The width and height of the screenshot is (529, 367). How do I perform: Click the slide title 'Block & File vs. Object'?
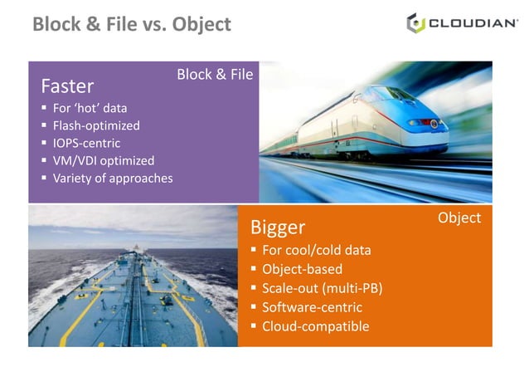pos(132,24)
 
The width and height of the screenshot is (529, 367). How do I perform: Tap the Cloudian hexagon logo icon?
pos(415,23)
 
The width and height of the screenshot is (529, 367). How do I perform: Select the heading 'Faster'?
pos(67,86)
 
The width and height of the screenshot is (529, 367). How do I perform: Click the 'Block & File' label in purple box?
pos(215,75)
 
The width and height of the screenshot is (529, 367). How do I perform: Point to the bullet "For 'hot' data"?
pos(90,108)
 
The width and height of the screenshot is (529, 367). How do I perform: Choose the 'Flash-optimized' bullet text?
pos(96,125)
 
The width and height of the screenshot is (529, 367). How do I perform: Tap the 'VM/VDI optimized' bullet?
pos(103,160)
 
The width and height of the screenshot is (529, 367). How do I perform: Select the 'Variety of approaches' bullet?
pos(112,178)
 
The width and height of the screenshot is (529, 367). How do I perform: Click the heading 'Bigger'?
pos(278,228)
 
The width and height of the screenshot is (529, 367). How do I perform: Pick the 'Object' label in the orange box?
pos(459,218)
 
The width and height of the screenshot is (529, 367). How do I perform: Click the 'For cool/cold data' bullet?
pos(316,250)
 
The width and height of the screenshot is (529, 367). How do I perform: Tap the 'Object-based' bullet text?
pos(302,269)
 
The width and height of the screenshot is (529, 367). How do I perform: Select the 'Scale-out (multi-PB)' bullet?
pos(322,288)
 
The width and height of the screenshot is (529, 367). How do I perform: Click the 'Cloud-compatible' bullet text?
pos(315,326)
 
